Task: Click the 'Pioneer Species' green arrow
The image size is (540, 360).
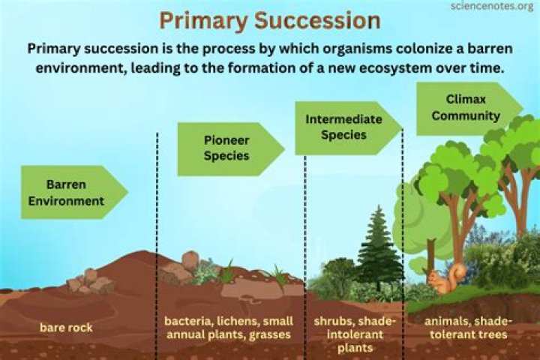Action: point(226,148)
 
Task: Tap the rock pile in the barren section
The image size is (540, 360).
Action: point(89,282)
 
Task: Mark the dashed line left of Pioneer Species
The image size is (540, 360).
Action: point(157,225)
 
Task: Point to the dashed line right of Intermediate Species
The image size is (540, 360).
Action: point(403,225)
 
